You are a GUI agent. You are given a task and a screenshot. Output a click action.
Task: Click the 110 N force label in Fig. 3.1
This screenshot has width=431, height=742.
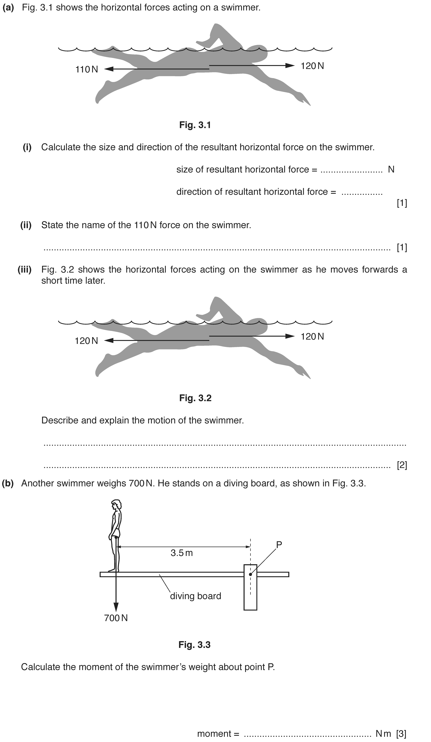pyautogui.click(x=87, y=69)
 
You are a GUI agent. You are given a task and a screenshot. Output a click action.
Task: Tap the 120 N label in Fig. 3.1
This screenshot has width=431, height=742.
pyautogui.click(x=312, y=66)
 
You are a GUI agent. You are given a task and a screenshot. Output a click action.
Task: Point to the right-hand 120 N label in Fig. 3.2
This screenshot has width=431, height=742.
pyautogui.click(x=312, y=337)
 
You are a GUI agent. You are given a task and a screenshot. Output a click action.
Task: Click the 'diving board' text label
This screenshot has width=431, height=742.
pyautogui.click(x=195, y=596)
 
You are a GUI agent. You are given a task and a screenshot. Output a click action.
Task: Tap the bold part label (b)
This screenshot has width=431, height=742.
pyautogui.click(x=8, y=483)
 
